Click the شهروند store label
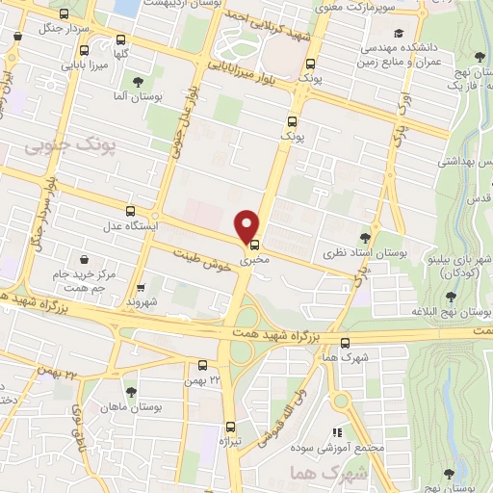click(142, 301)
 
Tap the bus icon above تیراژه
click(230, 427)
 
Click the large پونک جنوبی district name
click(65, 146)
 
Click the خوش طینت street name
click(204, 259)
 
